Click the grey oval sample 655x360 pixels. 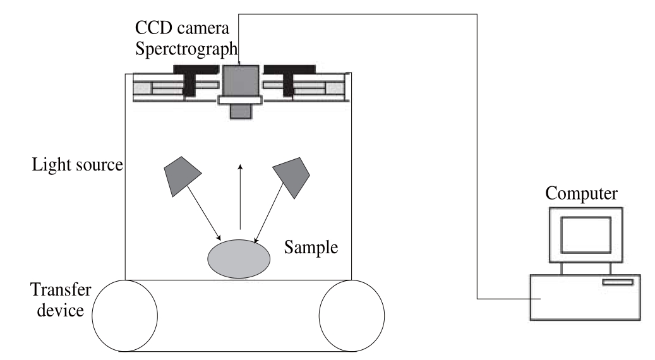tap(239, 259)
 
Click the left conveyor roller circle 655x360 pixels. tap(125, 316)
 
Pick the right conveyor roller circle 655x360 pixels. tap(352, 316)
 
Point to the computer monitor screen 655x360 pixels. tap(586, 235)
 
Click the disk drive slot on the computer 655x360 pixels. tap(618, 282)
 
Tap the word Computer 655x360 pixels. tap(581, 193)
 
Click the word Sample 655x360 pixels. tap(311, 247)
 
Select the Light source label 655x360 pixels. tap(78, 165)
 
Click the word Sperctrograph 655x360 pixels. tap(186, 49)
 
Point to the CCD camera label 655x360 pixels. tap(182, 28)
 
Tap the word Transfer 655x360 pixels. tap(61, 289)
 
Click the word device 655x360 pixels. tap(61, 310)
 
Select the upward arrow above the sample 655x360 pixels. tap(240, 196)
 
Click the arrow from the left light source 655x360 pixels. tap(204, 213)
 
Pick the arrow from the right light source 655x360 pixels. tap(269, 214)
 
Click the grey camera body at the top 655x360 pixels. tap(241, 81)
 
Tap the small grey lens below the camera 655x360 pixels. tap(241, 112)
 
